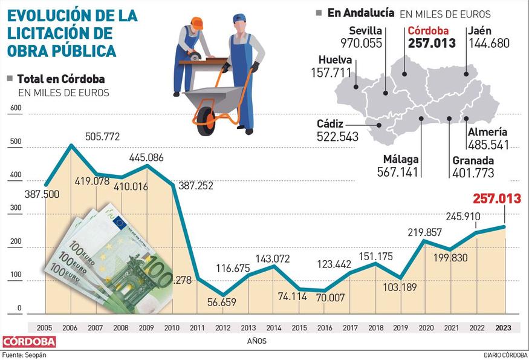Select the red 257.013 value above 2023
click(496, 198)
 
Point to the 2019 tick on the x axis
click(400, 327)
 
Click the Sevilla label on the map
click(366, 31)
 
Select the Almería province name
click(487, 132)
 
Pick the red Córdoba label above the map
click(429, 31)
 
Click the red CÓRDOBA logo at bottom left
click(29, 342)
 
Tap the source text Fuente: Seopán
click(25, 355)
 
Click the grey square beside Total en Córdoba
click(9, 79)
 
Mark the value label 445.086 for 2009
click(146, 158)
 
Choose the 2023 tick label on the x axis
click(502, 327)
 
